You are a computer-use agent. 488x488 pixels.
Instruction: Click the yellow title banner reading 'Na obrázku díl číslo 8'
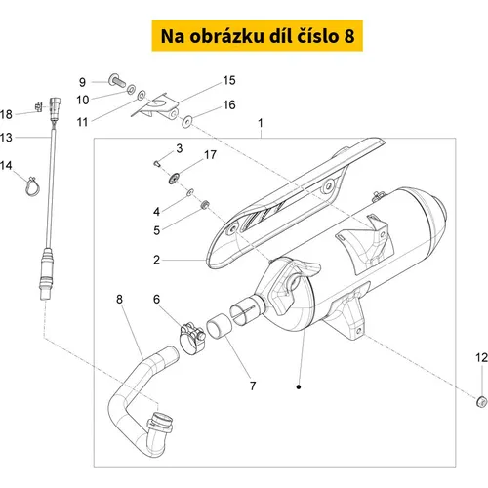[x=257, y=35]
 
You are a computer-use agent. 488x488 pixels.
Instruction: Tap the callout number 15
[x=229, y=81]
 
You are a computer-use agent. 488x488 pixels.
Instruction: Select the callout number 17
[x=210, y=155]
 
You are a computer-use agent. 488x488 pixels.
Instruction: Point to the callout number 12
[x=481, y=358]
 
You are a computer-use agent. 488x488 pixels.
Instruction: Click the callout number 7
[x=253, y=386]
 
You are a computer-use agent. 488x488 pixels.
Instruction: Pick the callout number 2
[x=157, y=260]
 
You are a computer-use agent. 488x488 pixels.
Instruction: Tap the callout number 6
[x=157, y=299]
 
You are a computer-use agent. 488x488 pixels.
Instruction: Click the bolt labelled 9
[x=117, y=80]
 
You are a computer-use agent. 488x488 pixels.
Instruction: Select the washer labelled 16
[x=187, y=121]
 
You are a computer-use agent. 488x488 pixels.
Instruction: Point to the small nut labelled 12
[x=481, y=402]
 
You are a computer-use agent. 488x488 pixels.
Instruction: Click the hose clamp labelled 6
[x=192, y=338]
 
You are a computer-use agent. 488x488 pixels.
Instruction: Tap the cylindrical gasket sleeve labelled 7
[x=219, y=326]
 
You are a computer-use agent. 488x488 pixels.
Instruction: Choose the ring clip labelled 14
[x=32, y=186]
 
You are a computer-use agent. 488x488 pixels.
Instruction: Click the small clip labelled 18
[x=39, y=106]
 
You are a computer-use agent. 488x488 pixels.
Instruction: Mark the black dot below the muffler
[x=299, y=386]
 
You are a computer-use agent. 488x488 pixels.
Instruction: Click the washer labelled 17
[x=175, y=178]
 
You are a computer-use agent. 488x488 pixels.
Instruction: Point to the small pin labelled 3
[x=157, y=163]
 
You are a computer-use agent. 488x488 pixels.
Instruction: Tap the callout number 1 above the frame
[x=261, y=123]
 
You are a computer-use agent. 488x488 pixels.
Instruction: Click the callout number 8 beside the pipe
[x=119, y=300]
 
